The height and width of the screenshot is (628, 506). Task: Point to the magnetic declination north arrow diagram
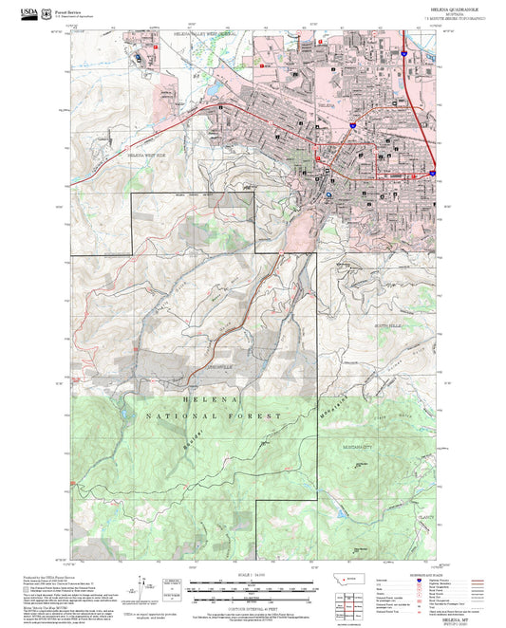145,583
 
